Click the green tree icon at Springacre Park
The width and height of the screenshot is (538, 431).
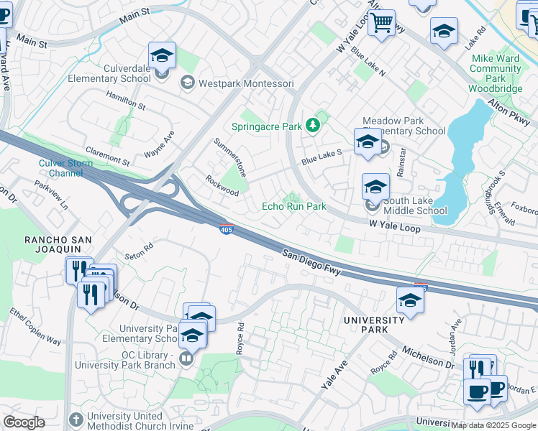pos(312,126)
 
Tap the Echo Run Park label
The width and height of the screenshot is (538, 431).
pos(293,206)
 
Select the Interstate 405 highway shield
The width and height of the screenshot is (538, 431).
pos(225,228)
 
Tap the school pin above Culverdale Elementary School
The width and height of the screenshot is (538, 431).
pos(163,56)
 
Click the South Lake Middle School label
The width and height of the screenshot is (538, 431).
pos(415,205)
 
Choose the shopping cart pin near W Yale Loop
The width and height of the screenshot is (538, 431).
pos(381,23)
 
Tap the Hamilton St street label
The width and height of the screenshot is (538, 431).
pos(125,103)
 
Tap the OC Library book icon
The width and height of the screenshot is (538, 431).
pos(186,357)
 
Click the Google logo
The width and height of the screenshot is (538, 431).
pos(24,422)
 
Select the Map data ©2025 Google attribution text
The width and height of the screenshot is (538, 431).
pos(493,425)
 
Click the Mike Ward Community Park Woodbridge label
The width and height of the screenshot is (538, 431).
pos(496,78)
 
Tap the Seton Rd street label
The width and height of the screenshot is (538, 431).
pos(139,249)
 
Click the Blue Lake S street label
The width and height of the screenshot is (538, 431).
pos(321,157)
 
